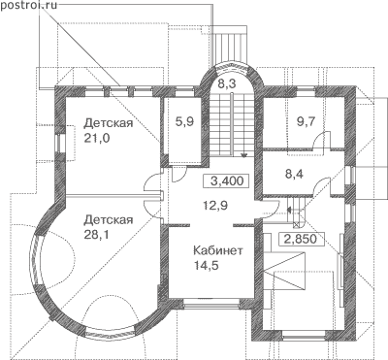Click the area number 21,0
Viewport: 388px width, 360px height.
coord(97,139)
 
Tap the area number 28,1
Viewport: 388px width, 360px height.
coord(97,235)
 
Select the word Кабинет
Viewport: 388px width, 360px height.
coord(217,251)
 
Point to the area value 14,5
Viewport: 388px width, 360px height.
coord(207,266)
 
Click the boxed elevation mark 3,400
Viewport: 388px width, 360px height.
coord(227,180)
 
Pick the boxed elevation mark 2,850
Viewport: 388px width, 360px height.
coord(300,240)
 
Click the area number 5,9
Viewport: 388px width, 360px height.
coord(184,121)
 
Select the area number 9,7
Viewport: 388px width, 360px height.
coord(306,121)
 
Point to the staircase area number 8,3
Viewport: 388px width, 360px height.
coord(226,83)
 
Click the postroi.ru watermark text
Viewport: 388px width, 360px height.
coord(28,6)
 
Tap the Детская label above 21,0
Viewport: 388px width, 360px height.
coord(109,123)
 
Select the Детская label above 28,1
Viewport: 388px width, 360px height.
coord(109,220)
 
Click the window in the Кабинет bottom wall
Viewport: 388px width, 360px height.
coord(211,303)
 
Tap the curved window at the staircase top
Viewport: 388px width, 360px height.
coord(232,66)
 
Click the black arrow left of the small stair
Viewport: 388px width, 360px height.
coord(290,210)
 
